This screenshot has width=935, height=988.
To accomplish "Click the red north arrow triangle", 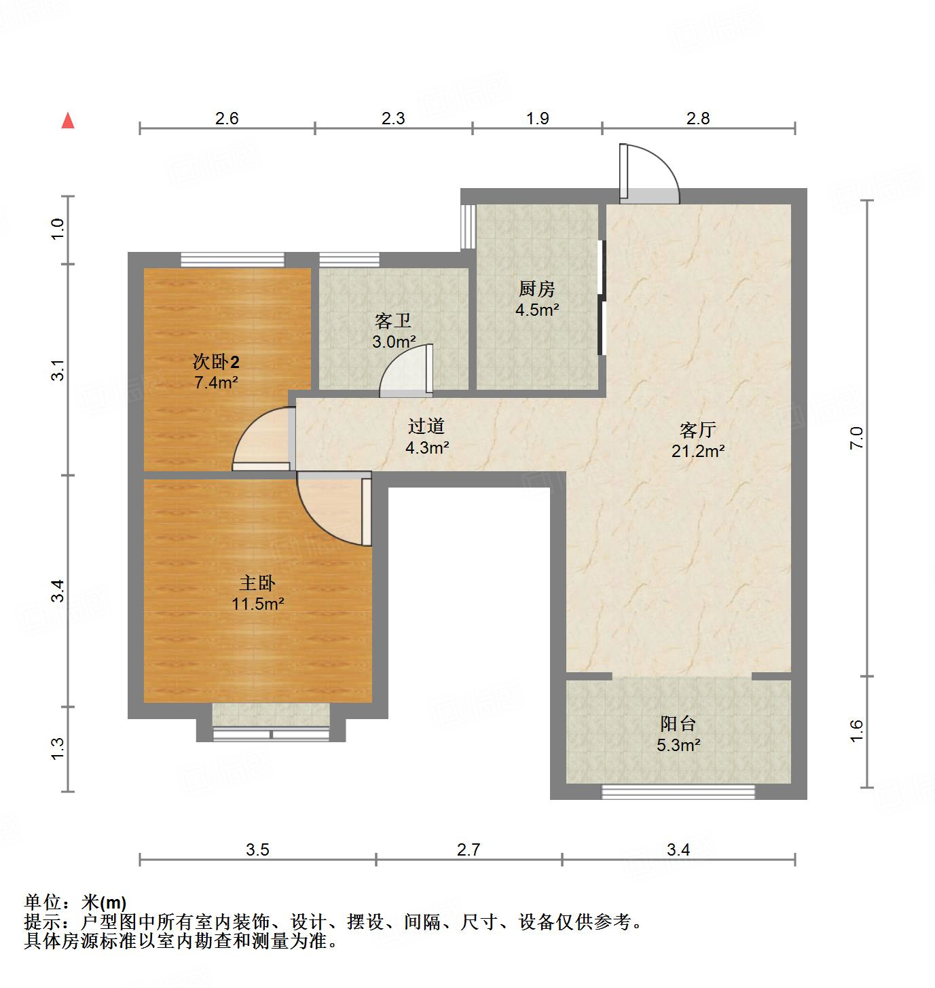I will pyautogui.click(x=68, y=121).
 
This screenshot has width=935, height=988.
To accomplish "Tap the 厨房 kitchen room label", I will pyautogui.click(x=536, y=289).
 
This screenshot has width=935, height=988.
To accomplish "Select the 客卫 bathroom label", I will pyautogui.click(x=393, y=321).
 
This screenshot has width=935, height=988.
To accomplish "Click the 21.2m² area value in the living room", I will pyautogui.click(x=698, y=450).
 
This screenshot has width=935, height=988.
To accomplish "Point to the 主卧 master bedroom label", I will pyautogui.click(x=257, y=583).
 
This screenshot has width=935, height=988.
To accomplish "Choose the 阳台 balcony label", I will pyautogui.click(x=678, y=725).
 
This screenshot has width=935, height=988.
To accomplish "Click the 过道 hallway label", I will pyautogui.click(x=426, y=426).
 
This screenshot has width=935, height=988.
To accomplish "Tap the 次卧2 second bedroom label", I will pyautogui.click(x=216, y=362).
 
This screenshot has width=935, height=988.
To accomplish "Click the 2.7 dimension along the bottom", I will pyautogui.click(x=469, y=849).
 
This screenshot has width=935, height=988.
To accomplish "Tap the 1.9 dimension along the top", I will pyautogui.click(x=537, y=118).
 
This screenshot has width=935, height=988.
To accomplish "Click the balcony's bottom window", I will pyautogui.click(x=678, y=792).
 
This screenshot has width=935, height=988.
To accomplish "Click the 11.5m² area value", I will pyautogui.click(x=257, y=604).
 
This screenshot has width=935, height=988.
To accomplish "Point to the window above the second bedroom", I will pyautogui.click(x=233, y=259).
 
